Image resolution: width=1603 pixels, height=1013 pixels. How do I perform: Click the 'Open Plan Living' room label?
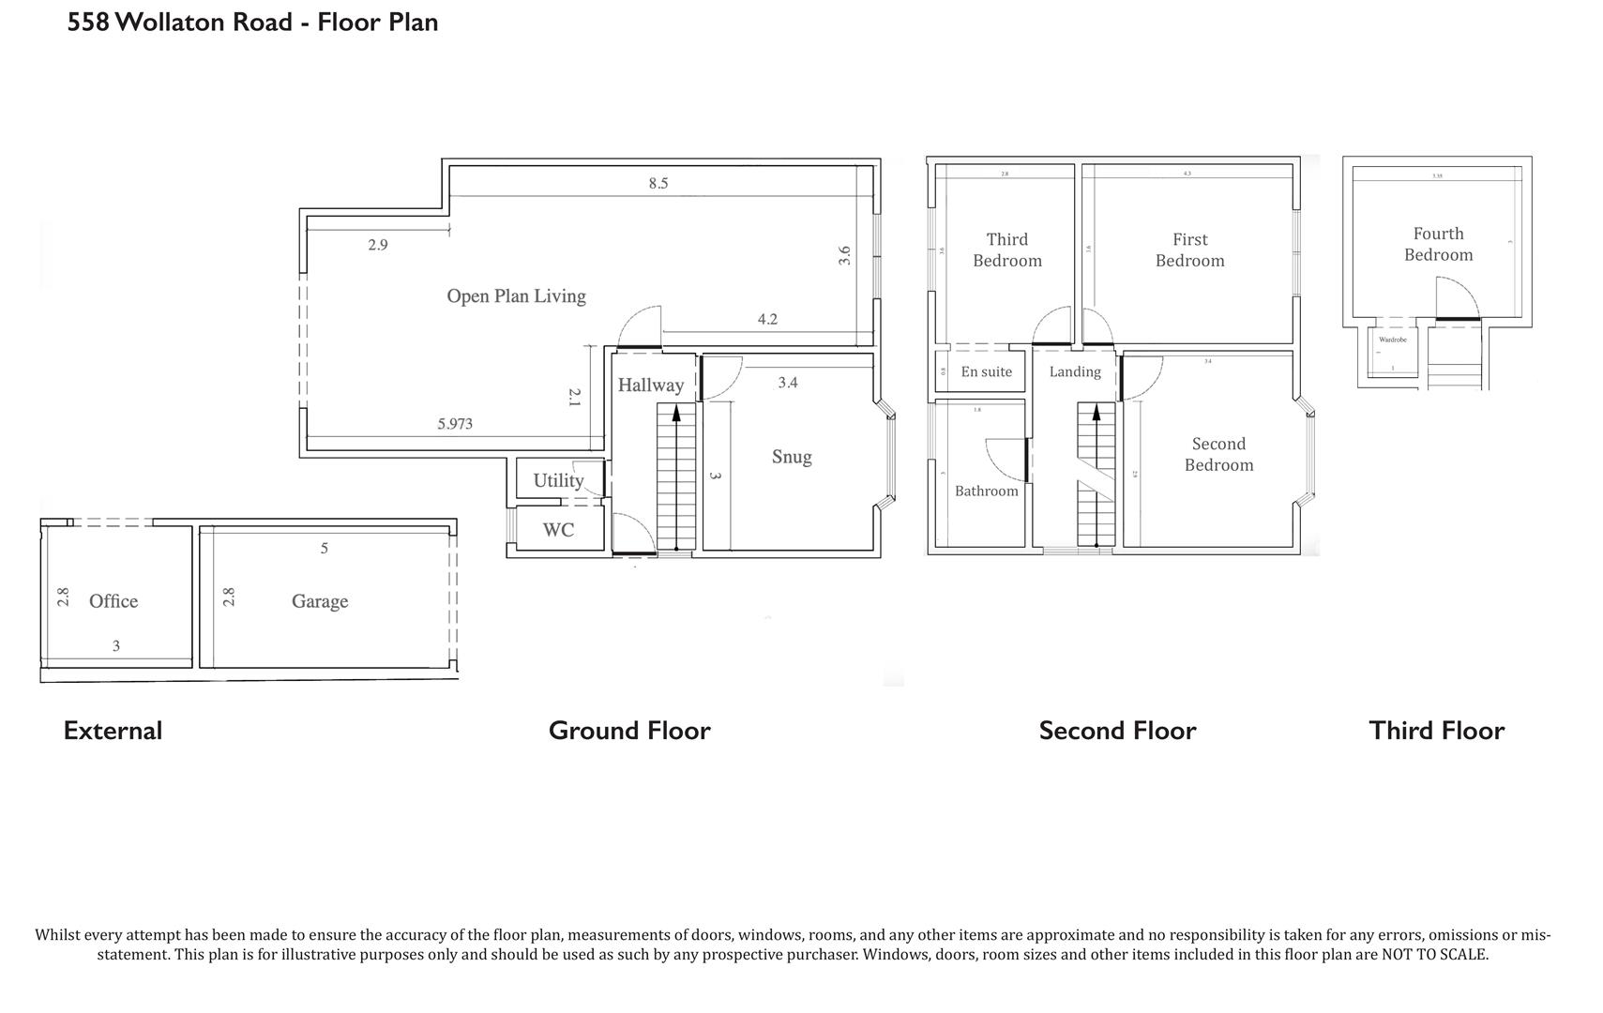click(516, 296)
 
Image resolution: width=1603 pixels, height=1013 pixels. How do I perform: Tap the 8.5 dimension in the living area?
click(658, 183)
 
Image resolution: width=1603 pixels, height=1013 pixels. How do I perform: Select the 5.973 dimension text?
click(455, 424)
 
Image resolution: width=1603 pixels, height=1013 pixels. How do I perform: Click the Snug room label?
click(792, 457)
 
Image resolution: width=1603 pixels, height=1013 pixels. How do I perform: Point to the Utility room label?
click(558, 480)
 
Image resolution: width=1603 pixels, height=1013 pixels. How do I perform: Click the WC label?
click(558, 530)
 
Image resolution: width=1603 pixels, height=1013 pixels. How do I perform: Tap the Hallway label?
click(650, 385)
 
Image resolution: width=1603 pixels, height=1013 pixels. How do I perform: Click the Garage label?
click(320, 601)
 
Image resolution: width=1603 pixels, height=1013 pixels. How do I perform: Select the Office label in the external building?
click(113, 601)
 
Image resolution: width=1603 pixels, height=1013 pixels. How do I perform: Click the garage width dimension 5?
click(325, 548)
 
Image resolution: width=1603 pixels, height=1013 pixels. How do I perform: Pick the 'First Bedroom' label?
click(1189, 250)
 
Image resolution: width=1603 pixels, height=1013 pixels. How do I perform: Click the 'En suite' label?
click(986, 371)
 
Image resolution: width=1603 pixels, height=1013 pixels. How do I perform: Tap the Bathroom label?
click(986, 491)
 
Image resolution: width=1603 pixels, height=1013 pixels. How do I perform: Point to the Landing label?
click(1075, 371)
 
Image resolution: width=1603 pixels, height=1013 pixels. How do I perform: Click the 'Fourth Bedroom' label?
click(1438, 244)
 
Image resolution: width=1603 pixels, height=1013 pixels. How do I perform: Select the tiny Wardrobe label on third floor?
click(1392, 340)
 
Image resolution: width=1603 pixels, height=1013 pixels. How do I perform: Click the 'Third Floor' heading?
click(1436, 731)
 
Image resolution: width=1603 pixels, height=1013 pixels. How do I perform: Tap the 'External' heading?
click(113, 731)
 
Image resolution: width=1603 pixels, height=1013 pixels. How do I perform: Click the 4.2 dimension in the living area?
click(767, 319)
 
